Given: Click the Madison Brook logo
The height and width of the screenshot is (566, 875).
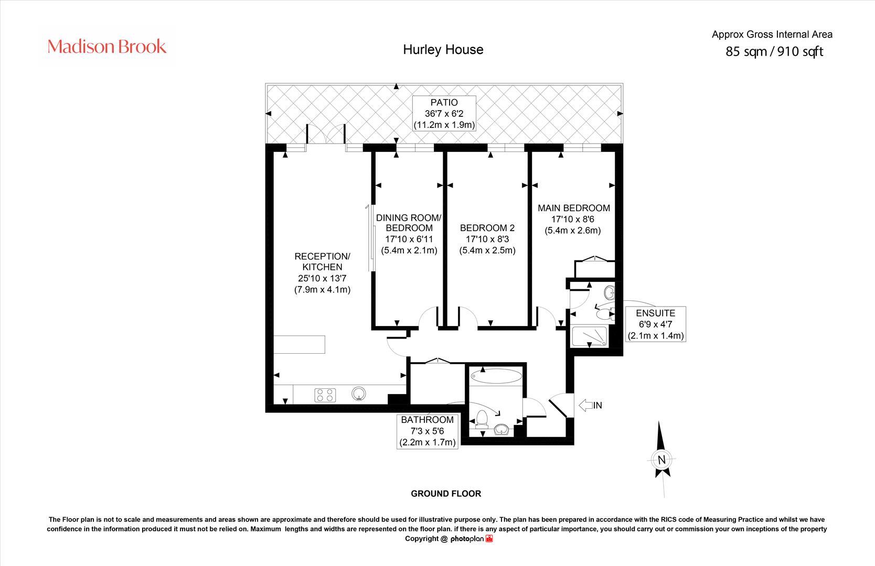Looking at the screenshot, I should pos(107,47).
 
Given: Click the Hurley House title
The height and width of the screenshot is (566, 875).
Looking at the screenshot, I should pos(443,49).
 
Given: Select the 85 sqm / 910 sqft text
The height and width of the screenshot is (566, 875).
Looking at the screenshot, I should pos(774,51).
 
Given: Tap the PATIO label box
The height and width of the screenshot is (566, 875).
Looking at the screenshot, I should pos(444,113).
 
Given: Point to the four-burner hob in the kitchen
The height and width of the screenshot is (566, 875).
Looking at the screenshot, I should pos(325,395).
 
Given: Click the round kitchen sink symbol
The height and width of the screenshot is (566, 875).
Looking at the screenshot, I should pos(359,394).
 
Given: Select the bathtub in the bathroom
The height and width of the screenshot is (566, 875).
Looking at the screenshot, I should pos(496,376).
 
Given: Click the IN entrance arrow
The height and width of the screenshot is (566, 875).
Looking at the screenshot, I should pos(590,405).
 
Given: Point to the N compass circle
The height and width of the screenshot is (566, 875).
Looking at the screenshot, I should pos(661,460).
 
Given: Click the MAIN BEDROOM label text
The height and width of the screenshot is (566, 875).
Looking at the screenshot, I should pos(573,208).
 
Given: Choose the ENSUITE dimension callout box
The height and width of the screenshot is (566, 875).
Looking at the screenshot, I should pos(656,324).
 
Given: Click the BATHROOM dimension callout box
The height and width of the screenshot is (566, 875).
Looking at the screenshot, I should pos(428,431).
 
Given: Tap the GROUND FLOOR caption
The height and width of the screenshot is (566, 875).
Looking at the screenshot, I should pos(445,494).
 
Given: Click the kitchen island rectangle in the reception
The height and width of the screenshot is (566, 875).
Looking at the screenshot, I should pos(299,344).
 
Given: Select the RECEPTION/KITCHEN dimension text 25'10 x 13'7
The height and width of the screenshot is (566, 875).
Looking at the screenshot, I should pos(322,278).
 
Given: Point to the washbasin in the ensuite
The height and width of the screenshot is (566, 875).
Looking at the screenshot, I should pos(610,291).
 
